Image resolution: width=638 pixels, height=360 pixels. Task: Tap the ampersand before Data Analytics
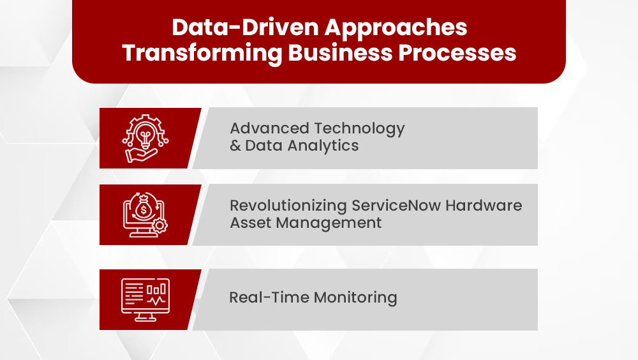[x=235, y=146]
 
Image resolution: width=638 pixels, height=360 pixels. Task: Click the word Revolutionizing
[x=289, y=206]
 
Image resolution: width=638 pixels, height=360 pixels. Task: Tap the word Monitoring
[x=355, y=297]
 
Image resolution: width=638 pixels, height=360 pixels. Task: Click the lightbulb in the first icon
[x=146, y=133]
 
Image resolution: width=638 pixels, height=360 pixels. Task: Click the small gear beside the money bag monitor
[x=159, y=226]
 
